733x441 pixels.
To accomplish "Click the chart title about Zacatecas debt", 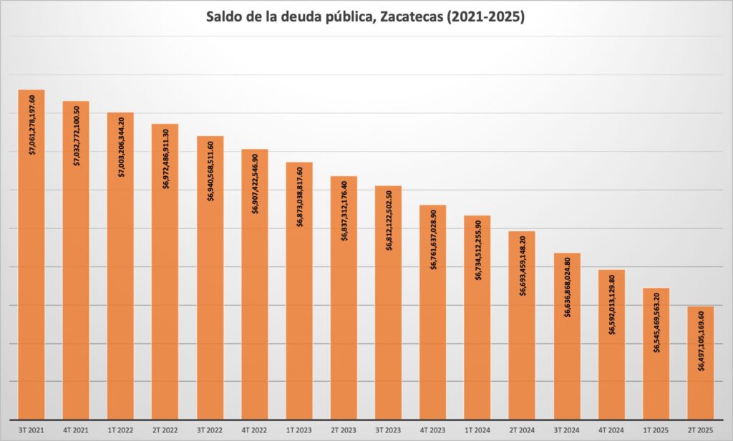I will pyautogui.click(x=366, y=16).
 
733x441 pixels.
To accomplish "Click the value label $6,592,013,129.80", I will pyautogui.click(x=612, y=304).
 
